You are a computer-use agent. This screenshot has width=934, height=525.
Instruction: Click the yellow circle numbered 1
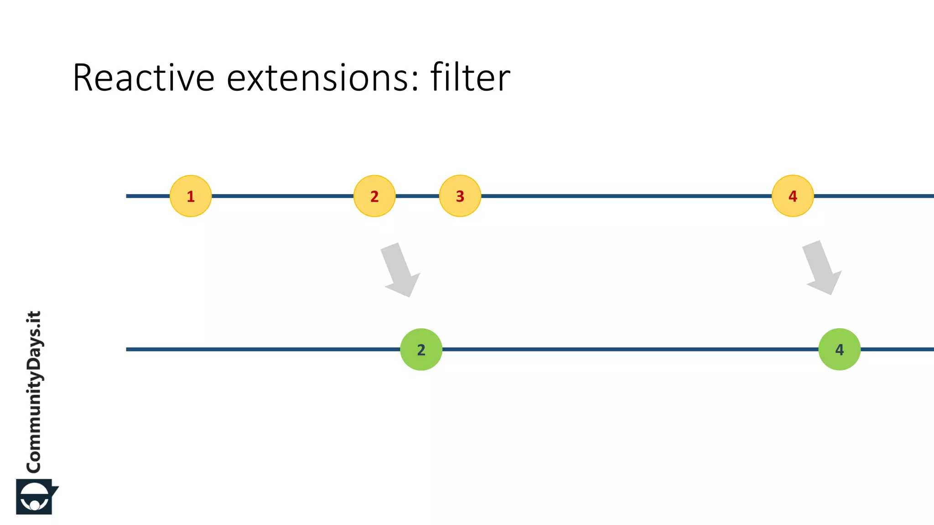191,196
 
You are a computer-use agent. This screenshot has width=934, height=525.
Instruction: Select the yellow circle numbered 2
374,196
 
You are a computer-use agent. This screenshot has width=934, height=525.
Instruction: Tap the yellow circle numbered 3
460,196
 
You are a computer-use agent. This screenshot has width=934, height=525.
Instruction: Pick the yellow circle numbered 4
793,196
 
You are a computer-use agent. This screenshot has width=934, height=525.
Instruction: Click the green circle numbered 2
421,350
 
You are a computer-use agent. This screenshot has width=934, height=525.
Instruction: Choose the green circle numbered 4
839,350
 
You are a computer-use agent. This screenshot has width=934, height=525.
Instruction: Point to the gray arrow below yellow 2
400,270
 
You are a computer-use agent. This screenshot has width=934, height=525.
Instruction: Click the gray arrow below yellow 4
822,268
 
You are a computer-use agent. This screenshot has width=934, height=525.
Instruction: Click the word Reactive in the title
143,78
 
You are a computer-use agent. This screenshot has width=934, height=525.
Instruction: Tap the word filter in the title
470,78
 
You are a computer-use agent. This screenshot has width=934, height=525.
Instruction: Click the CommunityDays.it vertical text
34,392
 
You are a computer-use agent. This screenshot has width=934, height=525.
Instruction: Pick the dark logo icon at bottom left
36,497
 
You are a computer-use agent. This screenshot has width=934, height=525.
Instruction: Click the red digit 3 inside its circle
460,196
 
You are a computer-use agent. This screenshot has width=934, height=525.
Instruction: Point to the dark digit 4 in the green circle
839,350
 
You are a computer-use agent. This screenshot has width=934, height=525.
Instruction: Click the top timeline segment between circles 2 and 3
417,196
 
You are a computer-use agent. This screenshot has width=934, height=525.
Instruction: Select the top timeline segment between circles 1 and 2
283,196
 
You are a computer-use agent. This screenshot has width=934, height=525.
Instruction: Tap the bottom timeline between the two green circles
629,350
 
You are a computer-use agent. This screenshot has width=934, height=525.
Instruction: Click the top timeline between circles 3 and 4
625,196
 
